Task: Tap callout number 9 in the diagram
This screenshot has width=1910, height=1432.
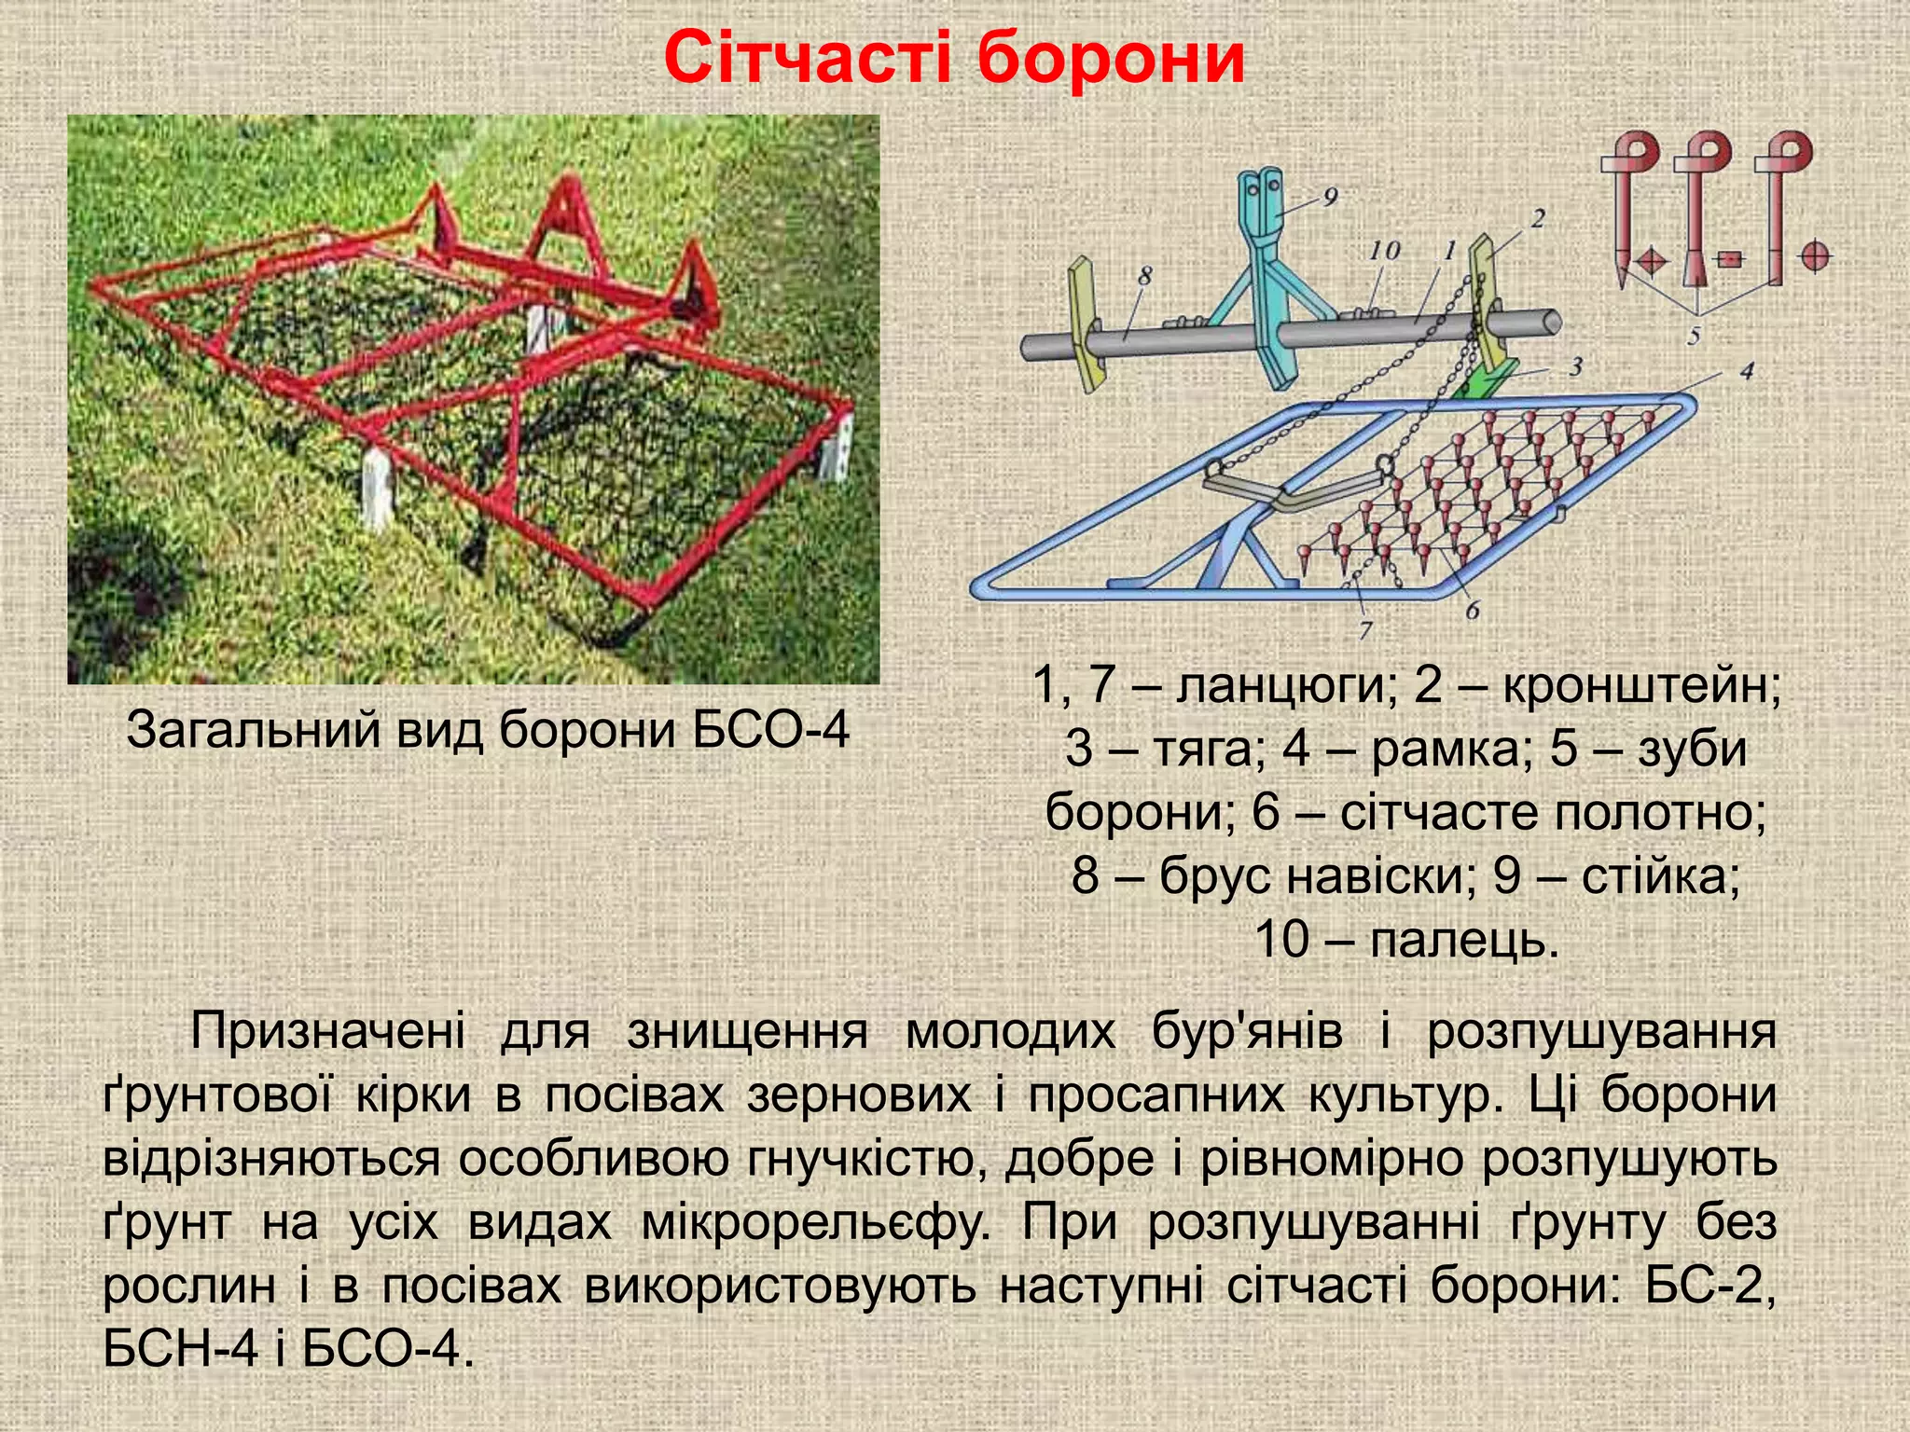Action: click(1329, 197)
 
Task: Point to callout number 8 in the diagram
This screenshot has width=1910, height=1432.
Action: click(1145, 275)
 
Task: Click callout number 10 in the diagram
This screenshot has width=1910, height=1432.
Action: click(1385, 250)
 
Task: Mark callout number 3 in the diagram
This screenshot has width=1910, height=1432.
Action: click(1575, 365)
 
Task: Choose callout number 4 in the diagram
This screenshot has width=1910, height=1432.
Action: click(1747, 371)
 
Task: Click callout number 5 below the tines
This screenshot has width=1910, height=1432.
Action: click(1694, 334)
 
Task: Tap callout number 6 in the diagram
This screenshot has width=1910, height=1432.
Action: click(1472, 611)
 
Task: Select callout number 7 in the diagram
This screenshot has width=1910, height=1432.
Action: click(1365, 630)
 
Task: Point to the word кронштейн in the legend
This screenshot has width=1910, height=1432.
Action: click(1641, 685)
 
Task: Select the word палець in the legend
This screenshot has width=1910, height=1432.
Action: click(1464, 939)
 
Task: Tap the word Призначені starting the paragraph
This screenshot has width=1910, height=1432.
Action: click(327, 1032)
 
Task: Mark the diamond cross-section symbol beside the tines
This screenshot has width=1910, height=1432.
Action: click(1650, 260)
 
